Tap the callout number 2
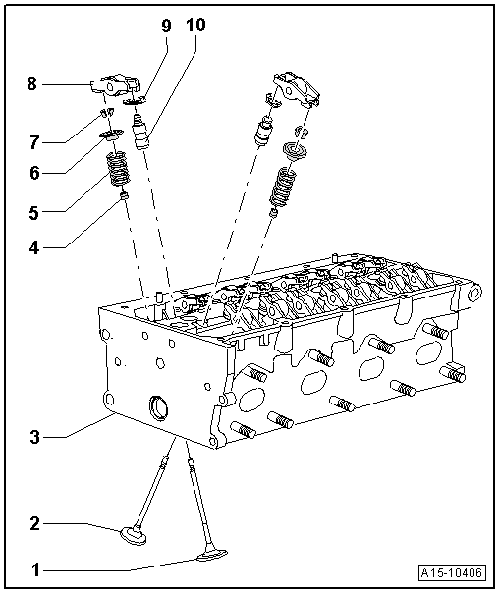(34, 524)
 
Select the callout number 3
(34, 435)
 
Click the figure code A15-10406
(453, 572)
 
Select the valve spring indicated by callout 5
(118, 173)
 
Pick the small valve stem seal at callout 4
(125, 200)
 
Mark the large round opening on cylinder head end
(157, 408)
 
